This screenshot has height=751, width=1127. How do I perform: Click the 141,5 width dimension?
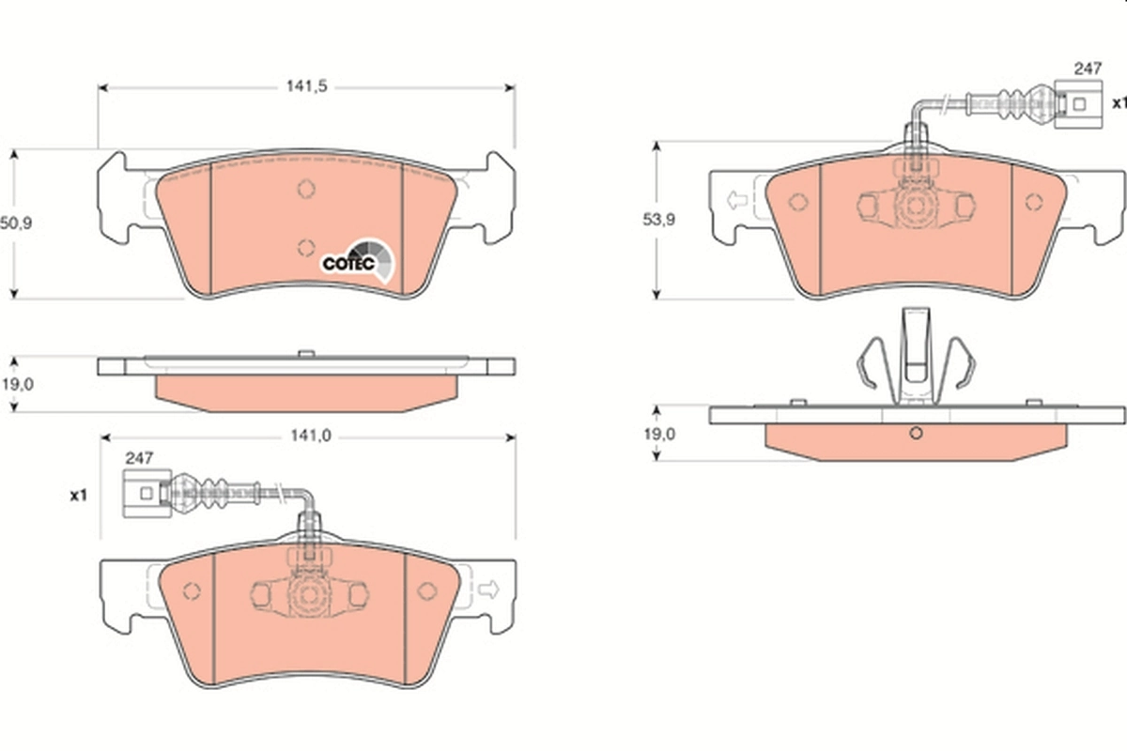click(x=306, y=86)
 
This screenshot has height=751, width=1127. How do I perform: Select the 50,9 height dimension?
click(x=16, y=224)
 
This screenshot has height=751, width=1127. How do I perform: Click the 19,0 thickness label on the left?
click(x=16, y=384)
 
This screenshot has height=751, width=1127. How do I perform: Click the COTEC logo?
click(x=360, y=260)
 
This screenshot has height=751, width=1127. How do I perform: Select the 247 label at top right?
click(x=1087, y=69)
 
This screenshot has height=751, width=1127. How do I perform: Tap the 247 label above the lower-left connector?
click(x=138, y=459)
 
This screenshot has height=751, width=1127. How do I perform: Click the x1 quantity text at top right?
click(x=1118, y=101)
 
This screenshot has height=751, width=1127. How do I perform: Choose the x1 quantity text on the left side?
click(x=78, y=494)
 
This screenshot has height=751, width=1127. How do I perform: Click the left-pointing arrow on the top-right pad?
click(x=734, y=200)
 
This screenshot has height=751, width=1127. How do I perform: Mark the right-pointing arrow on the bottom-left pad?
click(x=488, y=589)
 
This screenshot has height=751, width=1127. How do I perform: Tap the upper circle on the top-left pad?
click(x=305, y=189)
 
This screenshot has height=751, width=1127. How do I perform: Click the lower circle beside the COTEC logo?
click(x=305, y=247)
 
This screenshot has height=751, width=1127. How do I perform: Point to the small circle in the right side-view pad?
click(x=917, y=433)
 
